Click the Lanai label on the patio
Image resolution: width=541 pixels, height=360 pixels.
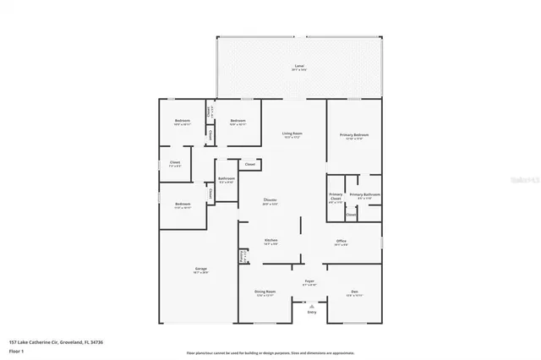tap(299, 66)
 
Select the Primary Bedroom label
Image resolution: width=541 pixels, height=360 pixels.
tap(354, 134)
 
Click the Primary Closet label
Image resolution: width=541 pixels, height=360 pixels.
tap(336, 197)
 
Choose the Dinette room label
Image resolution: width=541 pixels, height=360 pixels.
tap(270, 200)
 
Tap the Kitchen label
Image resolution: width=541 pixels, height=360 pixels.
tap(271, 240)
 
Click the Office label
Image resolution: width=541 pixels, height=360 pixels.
tap(342, 240)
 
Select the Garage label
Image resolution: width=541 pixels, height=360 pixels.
tap(199, 270)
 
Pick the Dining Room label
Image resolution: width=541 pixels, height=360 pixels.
tap(265, 292)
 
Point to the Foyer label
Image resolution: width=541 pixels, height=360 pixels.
tap(310, 281)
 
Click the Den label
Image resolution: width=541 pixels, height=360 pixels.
tap(354, 292)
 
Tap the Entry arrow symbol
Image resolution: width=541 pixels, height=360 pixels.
tap(311, 306)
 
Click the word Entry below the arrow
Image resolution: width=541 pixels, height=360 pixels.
tap(312, 313)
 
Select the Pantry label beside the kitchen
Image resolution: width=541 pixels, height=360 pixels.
tap(243, 256)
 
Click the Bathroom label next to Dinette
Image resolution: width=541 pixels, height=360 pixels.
tap(226, 178)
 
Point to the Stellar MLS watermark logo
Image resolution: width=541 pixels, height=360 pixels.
tap(522, 180)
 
